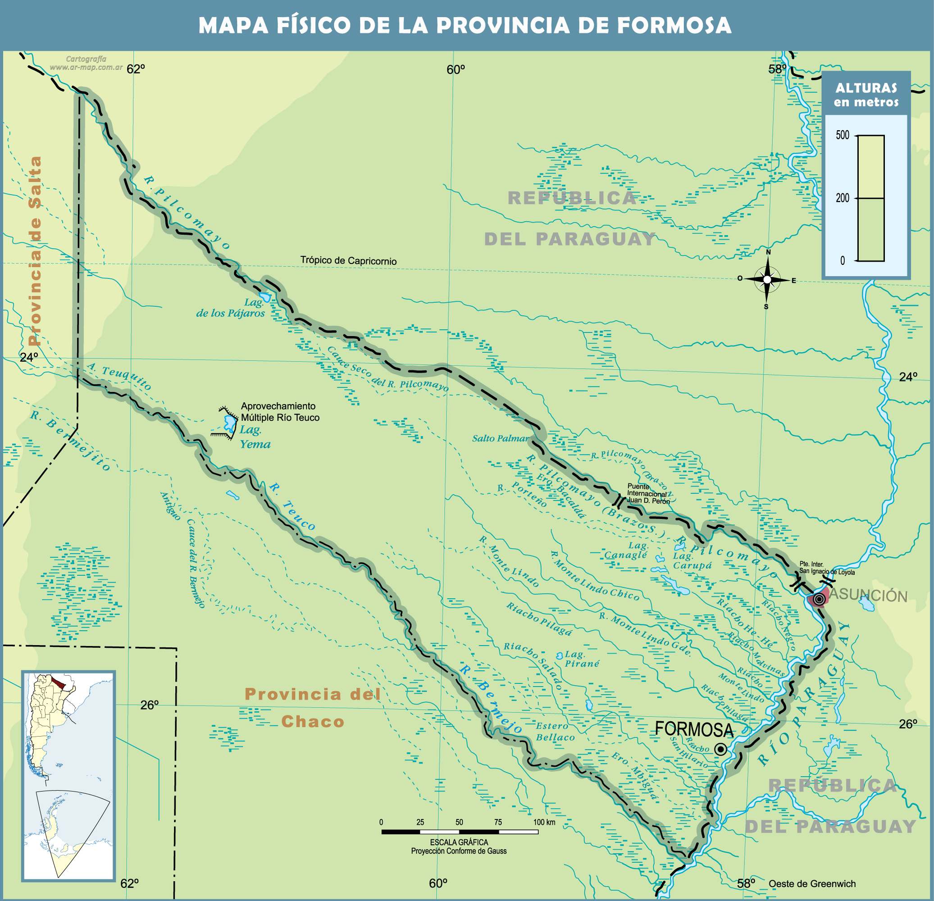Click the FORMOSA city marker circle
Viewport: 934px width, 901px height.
[721, 750]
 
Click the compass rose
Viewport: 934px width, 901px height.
[767, 280]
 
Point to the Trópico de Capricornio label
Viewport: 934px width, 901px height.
[348, 261]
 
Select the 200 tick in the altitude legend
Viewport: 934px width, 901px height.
[843, 198]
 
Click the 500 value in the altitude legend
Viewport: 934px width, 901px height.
[843, 135]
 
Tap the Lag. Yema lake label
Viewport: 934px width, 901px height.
[254, 437]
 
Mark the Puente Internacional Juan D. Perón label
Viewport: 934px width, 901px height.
[647, 494]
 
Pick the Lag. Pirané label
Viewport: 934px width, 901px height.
[580, 659]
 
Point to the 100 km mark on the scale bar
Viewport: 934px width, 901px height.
[544, 822]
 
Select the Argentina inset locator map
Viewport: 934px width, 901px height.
[68, 776]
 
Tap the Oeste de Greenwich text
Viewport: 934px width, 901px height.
[811, 884]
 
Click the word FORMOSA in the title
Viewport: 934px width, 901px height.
[674, 25]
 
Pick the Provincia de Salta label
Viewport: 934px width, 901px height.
[35, 250]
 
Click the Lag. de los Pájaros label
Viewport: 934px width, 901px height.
[231, 308]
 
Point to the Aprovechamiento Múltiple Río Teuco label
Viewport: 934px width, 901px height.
[280, 412]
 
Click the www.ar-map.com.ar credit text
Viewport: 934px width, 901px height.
[86, 67]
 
